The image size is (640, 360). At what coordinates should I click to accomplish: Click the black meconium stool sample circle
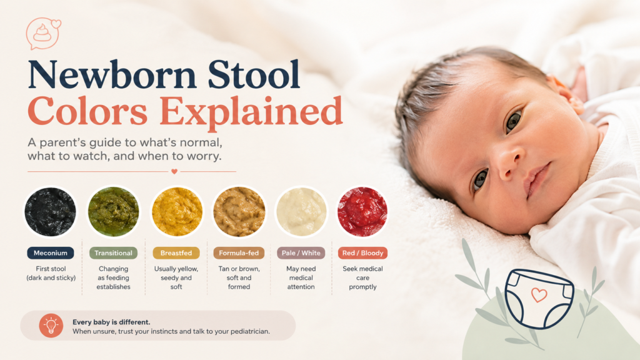pos(50,212)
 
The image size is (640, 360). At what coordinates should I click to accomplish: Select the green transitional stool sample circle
pos(114,212)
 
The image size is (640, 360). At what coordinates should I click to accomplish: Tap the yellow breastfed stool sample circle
pos(177,212)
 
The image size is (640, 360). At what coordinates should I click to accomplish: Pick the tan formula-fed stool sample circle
pos(239,212)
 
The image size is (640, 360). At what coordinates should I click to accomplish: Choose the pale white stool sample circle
pos(301,212)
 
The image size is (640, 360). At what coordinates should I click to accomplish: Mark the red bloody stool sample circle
pos(362,212)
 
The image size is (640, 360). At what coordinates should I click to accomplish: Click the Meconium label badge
pos(51,253)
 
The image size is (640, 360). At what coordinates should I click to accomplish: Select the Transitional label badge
pos(114,253)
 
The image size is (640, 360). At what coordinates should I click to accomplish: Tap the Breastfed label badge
pos(176,253)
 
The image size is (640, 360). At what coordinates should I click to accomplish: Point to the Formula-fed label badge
pos(239,253)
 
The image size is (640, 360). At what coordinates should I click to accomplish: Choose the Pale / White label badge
pos(301,253)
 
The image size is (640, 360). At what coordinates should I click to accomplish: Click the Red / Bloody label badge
pos(363,253)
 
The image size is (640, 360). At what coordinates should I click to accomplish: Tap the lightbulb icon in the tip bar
pos(51,326)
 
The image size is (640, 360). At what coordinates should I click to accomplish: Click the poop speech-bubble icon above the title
pos(43,34)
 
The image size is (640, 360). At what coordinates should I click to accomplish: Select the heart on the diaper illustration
pos(539,294)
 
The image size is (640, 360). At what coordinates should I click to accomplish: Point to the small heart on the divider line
pos(174,171)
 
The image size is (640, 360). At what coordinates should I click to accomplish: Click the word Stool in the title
pos(254,74)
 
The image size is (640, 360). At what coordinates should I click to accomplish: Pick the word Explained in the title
pos(251,111)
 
